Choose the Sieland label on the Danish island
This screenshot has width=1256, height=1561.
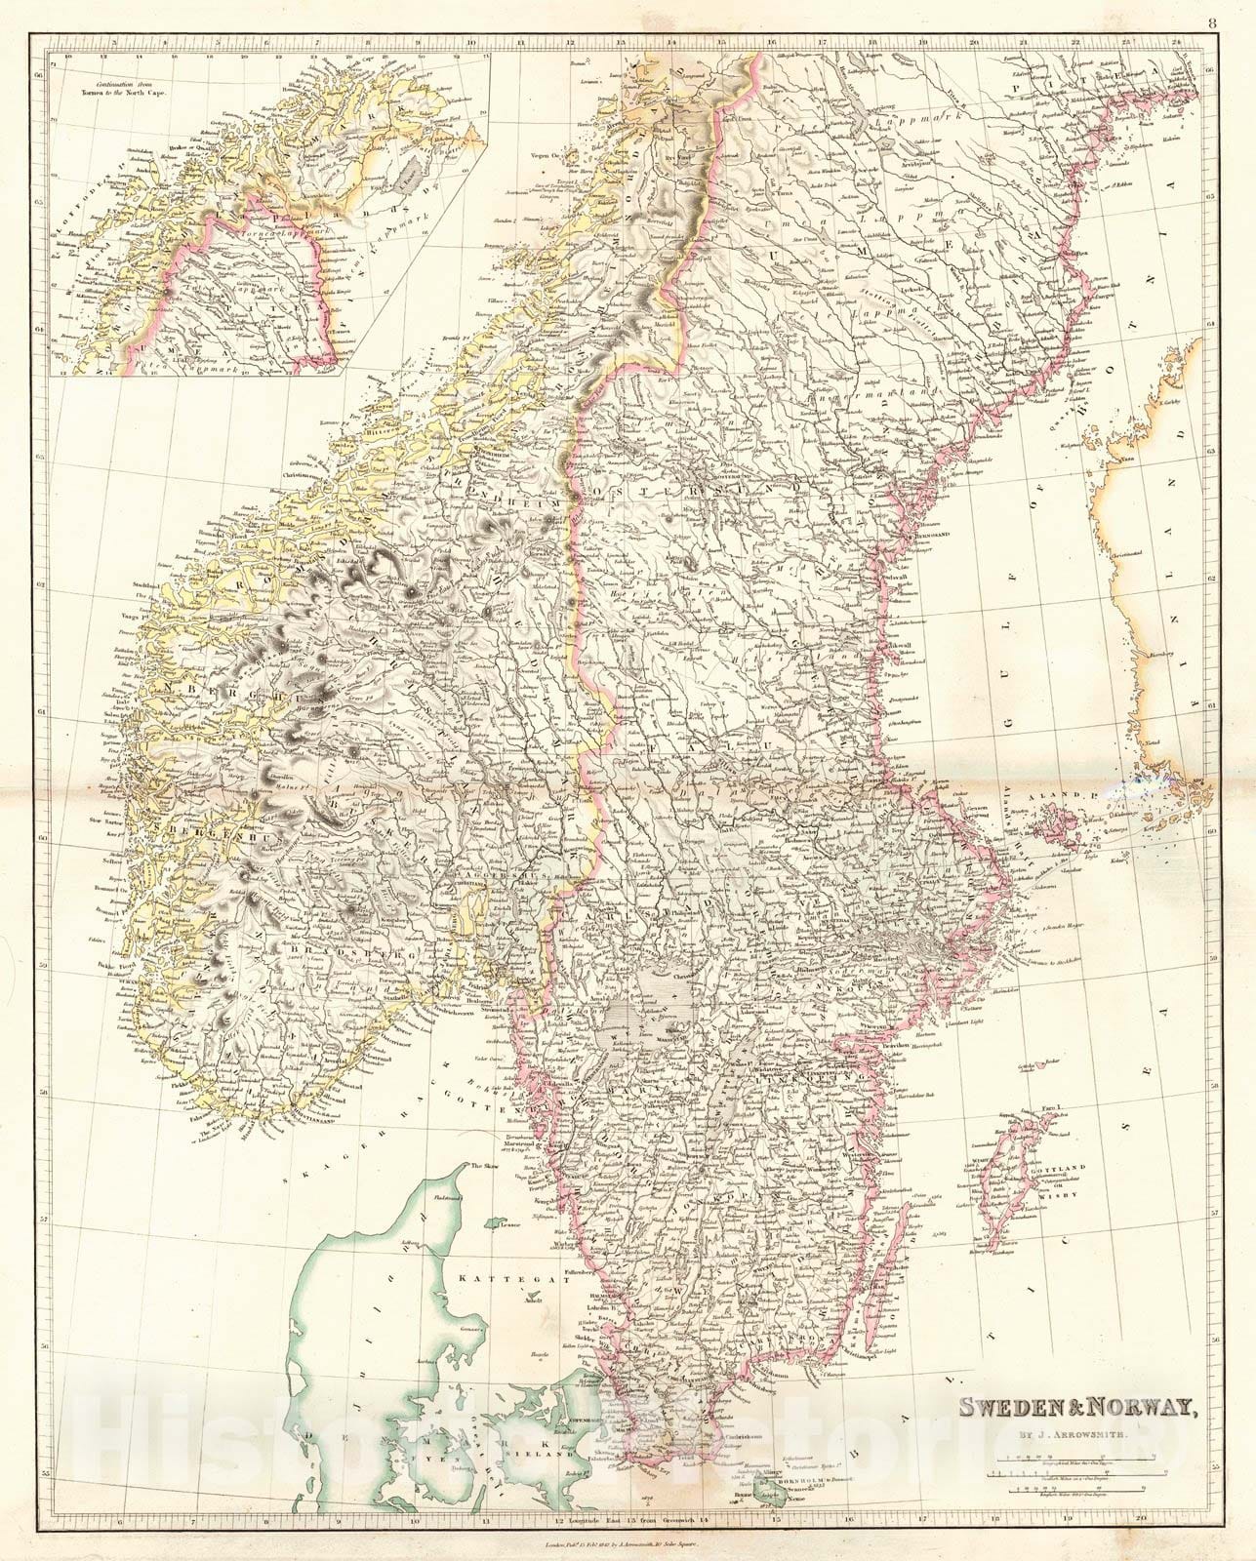click(x=548, y=1453)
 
